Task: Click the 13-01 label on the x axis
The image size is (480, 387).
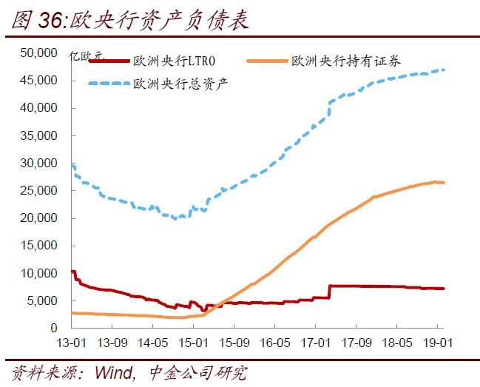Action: [x=71, y=343]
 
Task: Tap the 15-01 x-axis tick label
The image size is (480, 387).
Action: [x=192, y=343]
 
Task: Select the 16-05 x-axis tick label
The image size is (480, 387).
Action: [x=274, y=343]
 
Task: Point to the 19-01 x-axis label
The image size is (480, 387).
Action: [x=436, y=343]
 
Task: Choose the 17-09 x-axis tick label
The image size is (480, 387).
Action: [x=354, y=343]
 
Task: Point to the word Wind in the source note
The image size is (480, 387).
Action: [x=113, y=372]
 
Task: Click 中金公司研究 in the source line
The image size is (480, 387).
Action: [x=197, y=372]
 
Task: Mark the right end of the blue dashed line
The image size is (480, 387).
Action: [x=444, y=70]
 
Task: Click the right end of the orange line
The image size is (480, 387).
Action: [x=444, y=183]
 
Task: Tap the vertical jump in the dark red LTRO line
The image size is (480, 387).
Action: [x=329, y=292]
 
